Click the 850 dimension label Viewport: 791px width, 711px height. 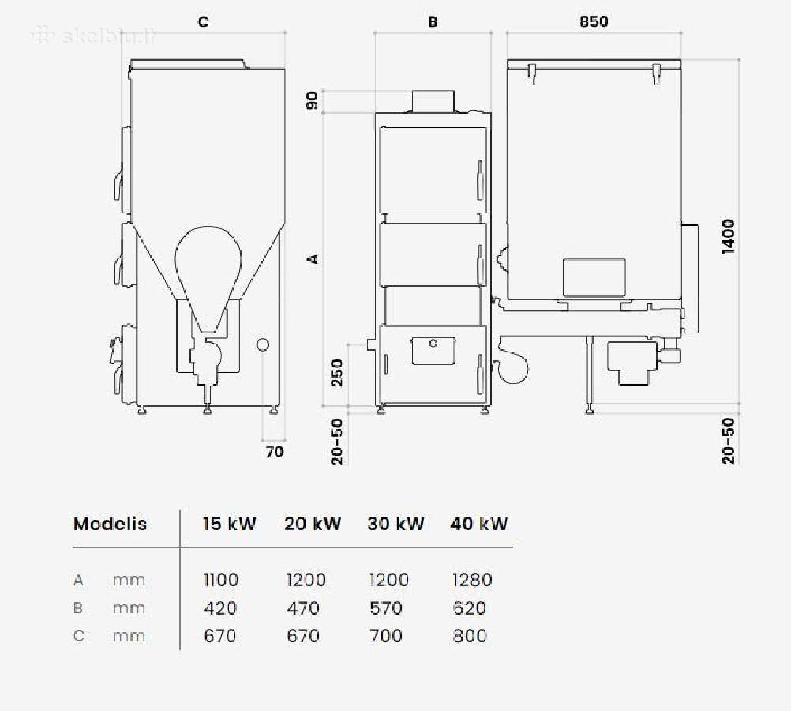pyautogui.click(x=594, y=21)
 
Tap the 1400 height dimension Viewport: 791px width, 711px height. pyautogui.click(x=729, y=236)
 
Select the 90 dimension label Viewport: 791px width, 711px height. pyautogui.click(x=313, y=100)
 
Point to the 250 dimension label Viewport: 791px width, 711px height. pyautogui.click(x=337, y=373)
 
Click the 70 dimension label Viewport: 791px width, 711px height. pyautogui.click(x=275, y=451)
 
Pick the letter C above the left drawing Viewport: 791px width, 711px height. pyautogui.click(x=204, y=21)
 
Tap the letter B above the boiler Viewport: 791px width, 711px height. pyautogui.click(x=433, y=21)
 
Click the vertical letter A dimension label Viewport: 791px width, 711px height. pyautogui.click(x=313, y=258)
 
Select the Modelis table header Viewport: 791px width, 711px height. pyautogui.click(x=110, y=524)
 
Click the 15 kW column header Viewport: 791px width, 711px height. pyautogui.click(x=230, y=524)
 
